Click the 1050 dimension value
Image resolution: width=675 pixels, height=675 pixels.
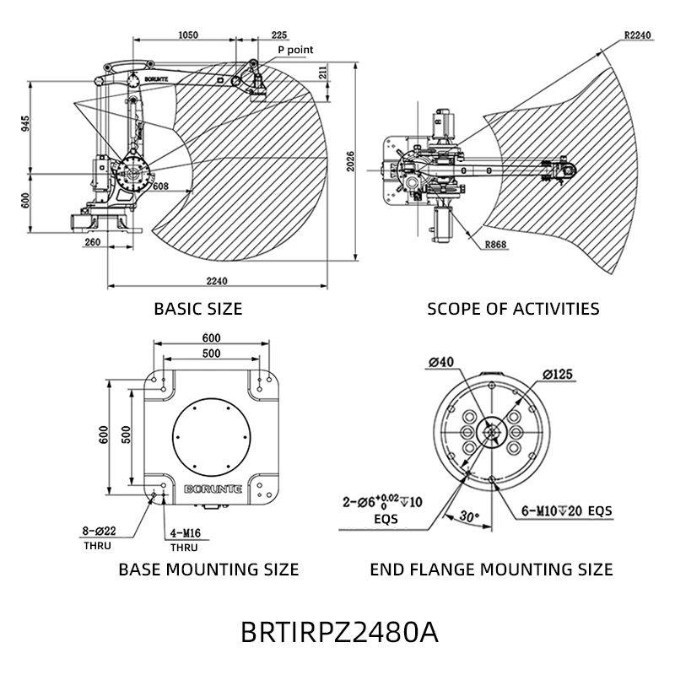188,35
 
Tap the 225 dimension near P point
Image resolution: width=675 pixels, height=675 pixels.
279,35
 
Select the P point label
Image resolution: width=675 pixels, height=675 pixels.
295,50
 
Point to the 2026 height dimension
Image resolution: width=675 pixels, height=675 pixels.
351,161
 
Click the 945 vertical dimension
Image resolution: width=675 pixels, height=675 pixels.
26,123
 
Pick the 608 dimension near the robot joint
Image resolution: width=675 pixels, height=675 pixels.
160,186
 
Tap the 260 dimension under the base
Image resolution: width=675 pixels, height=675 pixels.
93,242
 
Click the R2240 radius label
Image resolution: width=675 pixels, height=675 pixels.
637,35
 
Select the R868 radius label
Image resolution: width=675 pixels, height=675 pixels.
496,245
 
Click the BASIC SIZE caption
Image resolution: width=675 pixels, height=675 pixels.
198,309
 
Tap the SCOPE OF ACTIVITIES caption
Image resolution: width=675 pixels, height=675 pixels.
513,309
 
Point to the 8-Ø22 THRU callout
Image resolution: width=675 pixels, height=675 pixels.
99,538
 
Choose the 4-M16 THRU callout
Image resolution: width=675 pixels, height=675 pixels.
185,540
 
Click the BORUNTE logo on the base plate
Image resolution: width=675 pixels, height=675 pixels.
213,489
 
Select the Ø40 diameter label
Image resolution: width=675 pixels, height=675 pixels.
441,363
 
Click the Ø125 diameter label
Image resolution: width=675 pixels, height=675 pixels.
558,375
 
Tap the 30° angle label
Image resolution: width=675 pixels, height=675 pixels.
469,516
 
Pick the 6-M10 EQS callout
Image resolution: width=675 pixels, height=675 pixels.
566,511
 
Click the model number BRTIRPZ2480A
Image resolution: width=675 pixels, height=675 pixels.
340,632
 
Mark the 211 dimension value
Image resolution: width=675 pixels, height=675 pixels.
323,72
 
